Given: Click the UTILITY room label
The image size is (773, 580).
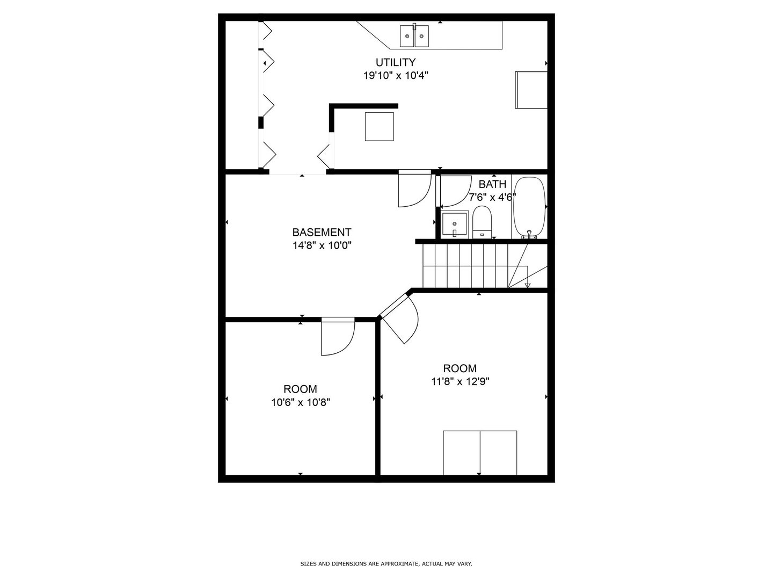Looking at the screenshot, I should (x=395, y=62).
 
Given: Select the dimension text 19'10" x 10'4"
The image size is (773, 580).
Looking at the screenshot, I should (x=395, y=76).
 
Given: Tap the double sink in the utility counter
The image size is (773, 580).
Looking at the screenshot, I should (x=414, y=36).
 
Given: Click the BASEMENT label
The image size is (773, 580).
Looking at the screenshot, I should (x=322, y=233).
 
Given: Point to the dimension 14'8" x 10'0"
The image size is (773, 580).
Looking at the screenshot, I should (x=322, y=245).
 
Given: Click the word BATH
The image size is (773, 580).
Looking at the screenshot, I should (x=492, y=184).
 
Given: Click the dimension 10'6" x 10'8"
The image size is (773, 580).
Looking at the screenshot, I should (x=300, y=402).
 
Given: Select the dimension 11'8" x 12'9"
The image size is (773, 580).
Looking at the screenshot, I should (x=460, y=382).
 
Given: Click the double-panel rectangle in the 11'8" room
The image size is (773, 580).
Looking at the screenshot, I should (x=480, y=453).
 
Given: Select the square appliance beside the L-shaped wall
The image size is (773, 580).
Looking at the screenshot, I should (x=379, y=127).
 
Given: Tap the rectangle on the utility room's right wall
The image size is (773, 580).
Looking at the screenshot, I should (x=531, y=90).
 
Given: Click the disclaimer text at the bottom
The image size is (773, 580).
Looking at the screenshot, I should (x=386, y=564).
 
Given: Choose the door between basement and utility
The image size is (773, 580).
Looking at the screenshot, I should (x=414, y=189).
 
